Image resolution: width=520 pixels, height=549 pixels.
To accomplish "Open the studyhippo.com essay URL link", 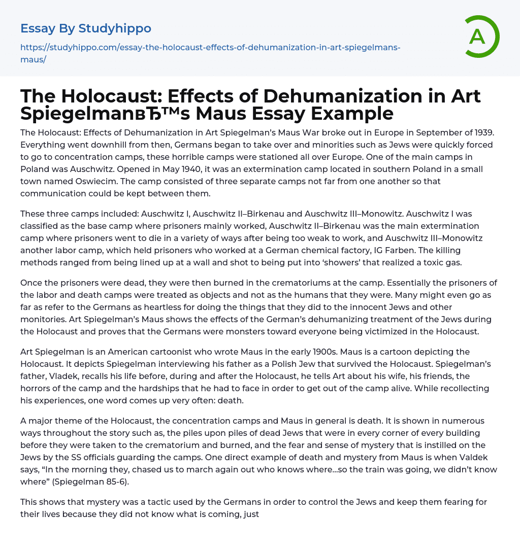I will tap(210, 53).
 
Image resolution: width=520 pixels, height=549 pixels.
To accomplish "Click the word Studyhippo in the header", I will tap(115, 28).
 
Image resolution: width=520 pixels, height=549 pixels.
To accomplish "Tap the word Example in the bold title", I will tap(350, 113).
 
